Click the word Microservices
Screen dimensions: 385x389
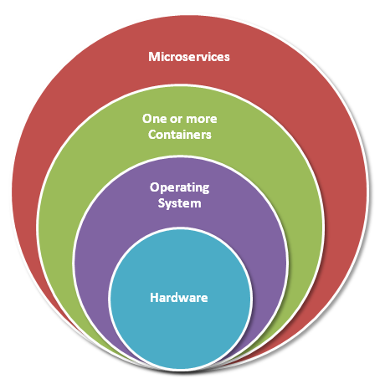pos(189,57)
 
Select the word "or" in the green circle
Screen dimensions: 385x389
pos(175,120)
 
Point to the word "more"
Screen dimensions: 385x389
pos(202,120)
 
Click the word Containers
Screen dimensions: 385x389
pos(180,135)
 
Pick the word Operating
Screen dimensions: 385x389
pos(179,188)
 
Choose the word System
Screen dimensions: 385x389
pos(179,203)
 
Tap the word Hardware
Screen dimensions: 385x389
pos(179,298)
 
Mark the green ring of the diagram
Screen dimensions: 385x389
pos(56,223)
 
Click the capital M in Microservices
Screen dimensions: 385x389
pos(154,57)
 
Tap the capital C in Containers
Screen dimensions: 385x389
pos(152,135)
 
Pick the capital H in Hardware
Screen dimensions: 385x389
pos(154,298)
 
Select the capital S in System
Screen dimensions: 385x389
pos(162,202)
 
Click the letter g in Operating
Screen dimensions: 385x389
pos(205,190)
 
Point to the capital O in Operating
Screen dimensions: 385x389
pos(155,187)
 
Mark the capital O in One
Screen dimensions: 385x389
pos(147,119)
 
